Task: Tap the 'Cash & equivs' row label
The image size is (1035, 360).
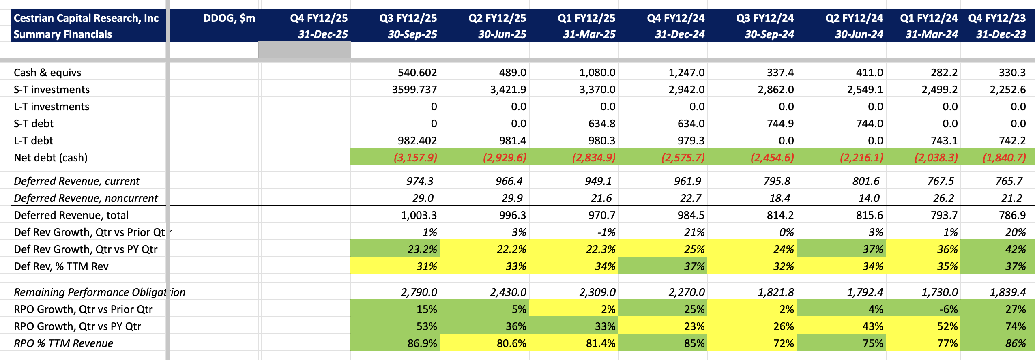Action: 47,73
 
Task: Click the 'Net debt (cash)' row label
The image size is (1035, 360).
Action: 51,158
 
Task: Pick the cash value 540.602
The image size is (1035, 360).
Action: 417,73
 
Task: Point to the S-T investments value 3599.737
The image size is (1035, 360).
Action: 414,90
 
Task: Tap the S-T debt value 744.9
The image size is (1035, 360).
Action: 780,124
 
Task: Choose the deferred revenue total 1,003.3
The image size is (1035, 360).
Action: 419,215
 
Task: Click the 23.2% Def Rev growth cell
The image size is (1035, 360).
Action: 422,249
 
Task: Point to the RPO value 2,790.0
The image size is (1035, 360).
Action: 419,292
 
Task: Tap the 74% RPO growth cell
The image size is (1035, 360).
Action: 1015,326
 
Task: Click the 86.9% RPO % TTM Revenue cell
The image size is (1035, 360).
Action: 422,343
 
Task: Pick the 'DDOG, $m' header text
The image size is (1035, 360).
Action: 229,18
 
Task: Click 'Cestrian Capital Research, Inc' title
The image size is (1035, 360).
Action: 86,18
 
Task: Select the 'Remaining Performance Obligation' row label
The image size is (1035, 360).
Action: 99,292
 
